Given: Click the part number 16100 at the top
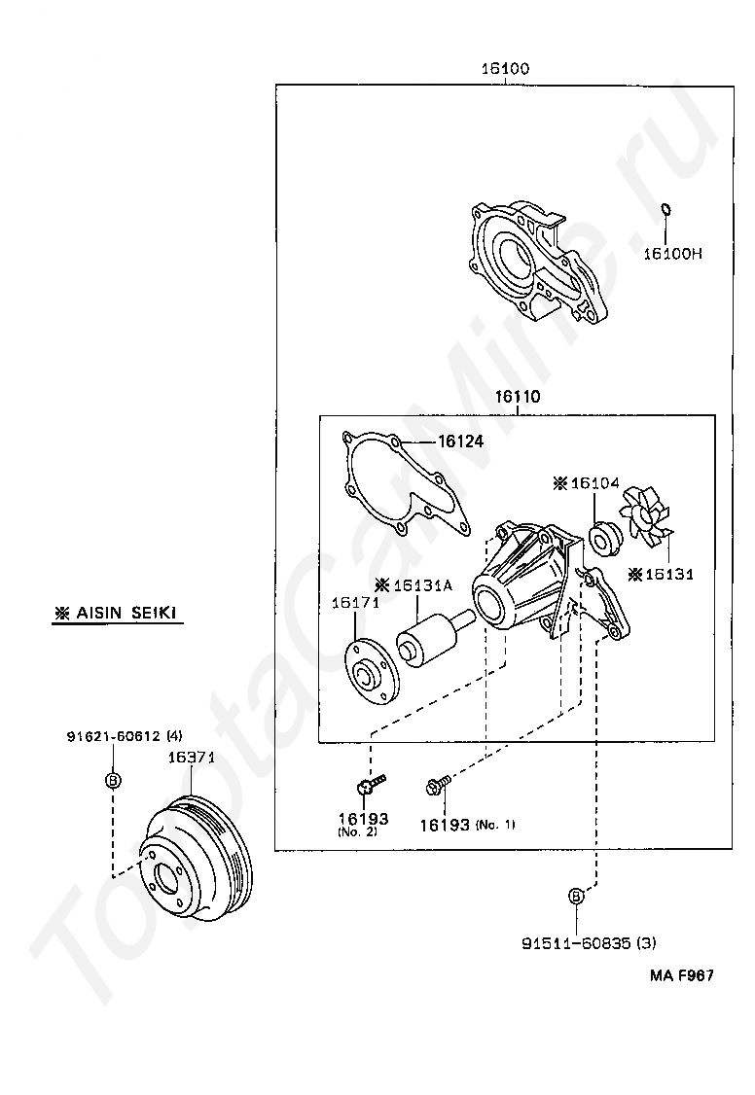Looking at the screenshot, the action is coord(505,68).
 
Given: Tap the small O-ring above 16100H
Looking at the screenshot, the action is coord(665,209).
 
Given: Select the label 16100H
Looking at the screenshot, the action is coord(672,254).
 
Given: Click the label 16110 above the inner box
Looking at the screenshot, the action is coord(518,397).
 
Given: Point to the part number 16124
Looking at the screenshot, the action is coord(460,442).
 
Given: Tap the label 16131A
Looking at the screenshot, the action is coord(422,585).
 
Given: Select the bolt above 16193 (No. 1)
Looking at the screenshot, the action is coord(437,785).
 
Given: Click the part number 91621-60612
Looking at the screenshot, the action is coord(114,736).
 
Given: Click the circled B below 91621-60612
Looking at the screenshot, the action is coord(113,779).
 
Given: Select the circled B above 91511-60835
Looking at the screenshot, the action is coord(576,896).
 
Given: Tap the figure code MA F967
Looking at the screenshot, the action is coord(682,975).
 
